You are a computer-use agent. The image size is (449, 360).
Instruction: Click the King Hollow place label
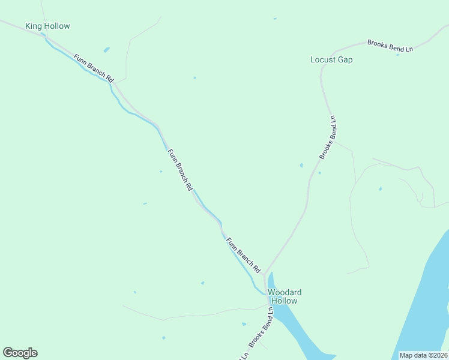47,26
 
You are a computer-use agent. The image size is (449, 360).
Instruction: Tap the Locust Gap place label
331,60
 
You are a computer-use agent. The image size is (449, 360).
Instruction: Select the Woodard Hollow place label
285,296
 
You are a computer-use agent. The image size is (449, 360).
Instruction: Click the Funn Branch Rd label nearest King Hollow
94,68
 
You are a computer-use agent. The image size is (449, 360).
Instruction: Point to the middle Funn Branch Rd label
179,170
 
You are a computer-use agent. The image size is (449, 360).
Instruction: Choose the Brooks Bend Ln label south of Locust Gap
330,137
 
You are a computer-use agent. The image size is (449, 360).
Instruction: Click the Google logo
20,353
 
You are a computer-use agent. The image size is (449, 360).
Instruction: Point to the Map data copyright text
423,355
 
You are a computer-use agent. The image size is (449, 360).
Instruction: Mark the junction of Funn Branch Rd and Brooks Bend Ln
264,276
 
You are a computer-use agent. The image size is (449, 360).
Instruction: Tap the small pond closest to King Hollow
106,50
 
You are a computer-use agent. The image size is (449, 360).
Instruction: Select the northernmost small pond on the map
275,19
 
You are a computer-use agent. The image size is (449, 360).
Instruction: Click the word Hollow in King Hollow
57,26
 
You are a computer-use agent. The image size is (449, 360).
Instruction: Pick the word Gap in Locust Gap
345,60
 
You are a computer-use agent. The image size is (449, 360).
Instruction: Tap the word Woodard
285,293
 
